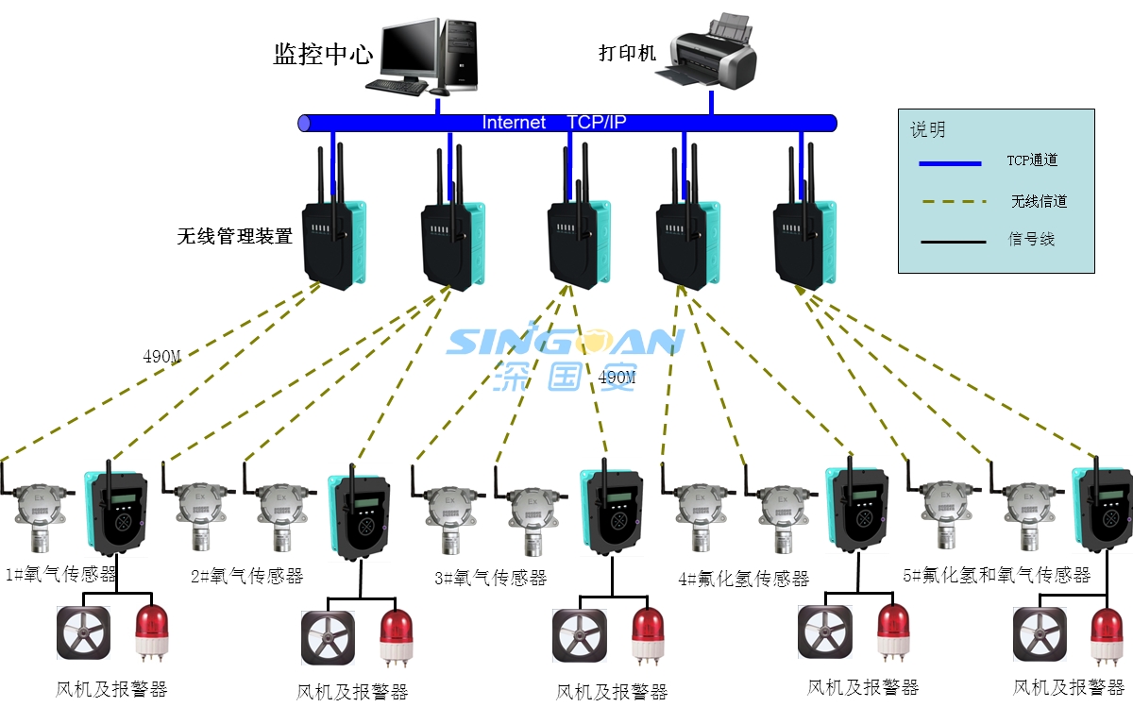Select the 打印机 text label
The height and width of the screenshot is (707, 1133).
pos(627,53)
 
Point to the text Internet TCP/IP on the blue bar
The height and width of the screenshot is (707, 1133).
pos(554,123)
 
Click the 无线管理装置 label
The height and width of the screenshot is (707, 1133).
pos(234,236)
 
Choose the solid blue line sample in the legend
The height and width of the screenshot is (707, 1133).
pos(950,163)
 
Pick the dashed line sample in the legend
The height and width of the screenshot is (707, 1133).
pos(950,202)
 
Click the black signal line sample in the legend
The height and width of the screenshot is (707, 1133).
pos(950,242)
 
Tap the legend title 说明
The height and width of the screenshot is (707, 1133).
pos(927,130)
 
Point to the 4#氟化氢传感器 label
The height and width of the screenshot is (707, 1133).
pos(744,579)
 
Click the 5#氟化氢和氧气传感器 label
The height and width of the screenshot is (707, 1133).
pos(996,575)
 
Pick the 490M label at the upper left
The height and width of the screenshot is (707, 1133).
pos(161,357)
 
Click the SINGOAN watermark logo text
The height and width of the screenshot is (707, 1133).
pos(564,341)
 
